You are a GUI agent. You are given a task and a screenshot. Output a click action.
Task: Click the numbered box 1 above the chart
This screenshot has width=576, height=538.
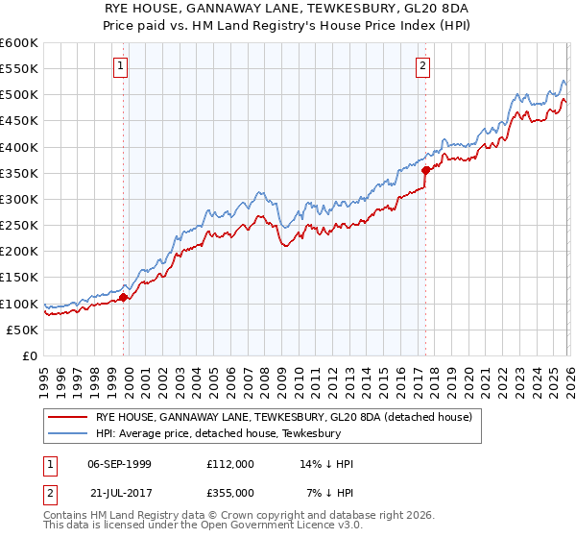(x=121, y=66)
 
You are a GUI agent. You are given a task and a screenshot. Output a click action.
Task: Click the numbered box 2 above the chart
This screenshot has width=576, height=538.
(x=422, y=66)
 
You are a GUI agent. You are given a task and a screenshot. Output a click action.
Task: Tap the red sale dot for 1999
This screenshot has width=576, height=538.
(x=124, y=297)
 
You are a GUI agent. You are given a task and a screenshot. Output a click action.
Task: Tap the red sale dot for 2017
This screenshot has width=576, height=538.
(x=425, y=170)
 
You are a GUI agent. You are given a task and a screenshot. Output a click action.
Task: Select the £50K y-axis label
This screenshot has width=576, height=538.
(x=22, y=330)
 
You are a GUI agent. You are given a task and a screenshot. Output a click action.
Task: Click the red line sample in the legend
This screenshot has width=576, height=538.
(x=67, y=418)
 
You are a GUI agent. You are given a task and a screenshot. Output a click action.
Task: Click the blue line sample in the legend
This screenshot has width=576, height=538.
(x=67, y=434)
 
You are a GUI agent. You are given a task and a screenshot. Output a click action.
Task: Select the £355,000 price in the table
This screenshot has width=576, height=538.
(x=230, y=492)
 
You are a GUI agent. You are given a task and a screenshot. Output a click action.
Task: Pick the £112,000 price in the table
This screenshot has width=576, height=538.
(x=230, y=464)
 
